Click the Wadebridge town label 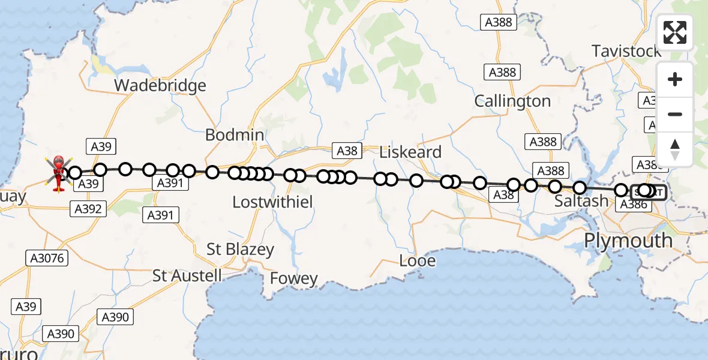[160, 86]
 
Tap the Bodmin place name [235, 135]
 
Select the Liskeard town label [410, 152]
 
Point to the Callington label [512, 101]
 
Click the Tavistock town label [626, 51]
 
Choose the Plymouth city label [628, 241]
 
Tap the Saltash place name [581, 201]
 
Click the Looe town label [418, 261]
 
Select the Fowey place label [293, 278]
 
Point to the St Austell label [187, 276]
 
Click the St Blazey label [240, 250]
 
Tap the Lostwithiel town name [272, 202]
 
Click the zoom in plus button [675, 79]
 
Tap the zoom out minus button [675, 114]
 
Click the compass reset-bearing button [675, 149]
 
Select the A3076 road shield [47, 259]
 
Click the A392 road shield [88, 209]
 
